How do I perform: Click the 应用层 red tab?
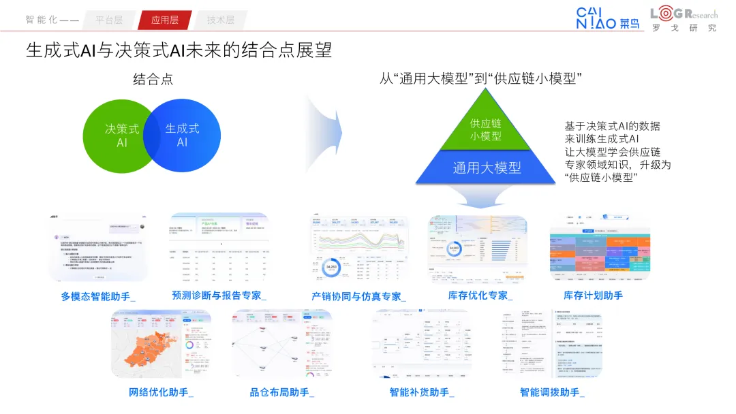[x=165, y=20]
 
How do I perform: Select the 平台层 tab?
[x=109, y=20]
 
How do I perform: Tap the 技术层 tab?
[x=220, y=20]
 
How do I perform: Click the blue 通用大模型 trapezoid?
[x=486, y=168]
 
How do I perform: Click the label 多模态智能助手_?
[x=98, y=296]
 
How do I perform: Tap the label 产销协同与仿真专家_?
[x=358, y=296]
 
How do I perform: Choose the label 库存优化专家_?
[x=480, y=296]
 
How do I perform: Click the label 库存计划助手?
[x=593, y=296]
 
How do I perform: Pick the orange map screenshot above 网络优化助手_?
[x=162, y=344]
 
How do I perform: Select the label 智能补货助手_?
[x=422, y=392]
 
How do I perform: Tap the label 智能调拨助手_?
[x=552, y=392]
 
